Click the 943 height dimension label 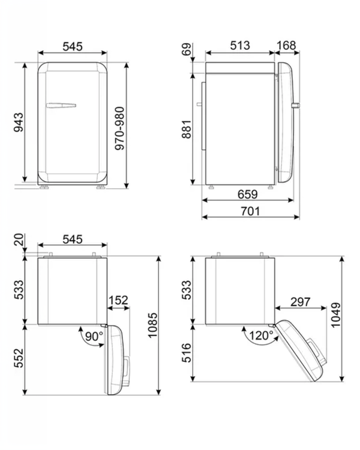pos(19,122)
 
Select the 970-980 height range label pos(120,128)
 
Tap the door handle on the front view pos(61,106)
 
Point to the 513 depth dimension pos(240,46)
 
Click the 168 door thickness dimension pos(286,46)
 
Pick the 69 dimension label pos(187,49)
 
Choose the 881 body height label pos(187,129)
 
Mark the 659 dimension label pos(247,194)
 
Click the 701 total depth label pos(250,211)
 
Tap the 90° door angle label pos(94,336)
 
